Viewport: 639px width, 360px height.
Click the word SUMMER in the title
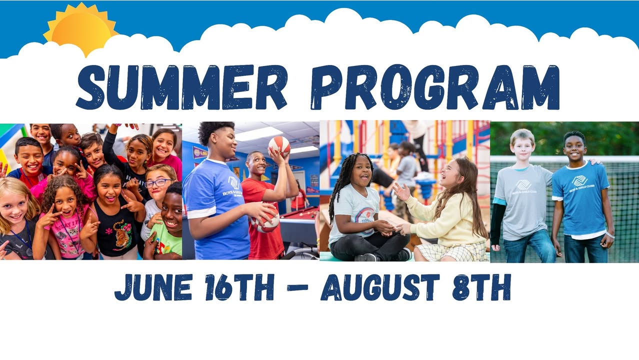coord(181,87)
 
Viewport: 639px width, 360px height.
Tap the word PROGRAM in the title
coord(435,87)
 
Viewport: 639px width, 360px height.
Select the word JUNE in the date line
coord(153,287)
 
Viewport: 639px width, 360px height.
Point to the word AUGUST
coord(380,287)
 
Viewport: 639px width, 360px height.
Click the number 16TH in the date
coord(239,287)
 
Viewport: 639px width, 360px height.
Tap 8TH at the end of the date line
coord(481,287)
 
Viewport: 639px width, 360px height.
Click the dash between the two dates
coord(297,287)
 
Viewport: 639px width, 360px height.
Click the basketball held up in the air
coord(279,146)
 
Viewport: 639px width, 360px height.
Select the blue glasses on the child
coord(158,183)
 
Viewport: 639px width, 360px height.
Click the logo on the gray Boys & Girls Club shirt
coord(523,185)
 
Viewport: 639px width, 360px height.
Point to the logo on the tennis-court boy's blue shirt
coord(579,180)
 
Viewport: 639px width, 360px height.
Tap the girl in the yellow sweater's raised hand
coord(401,191)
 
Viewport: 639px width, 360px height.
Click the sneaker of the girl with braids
coord(403,254)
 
